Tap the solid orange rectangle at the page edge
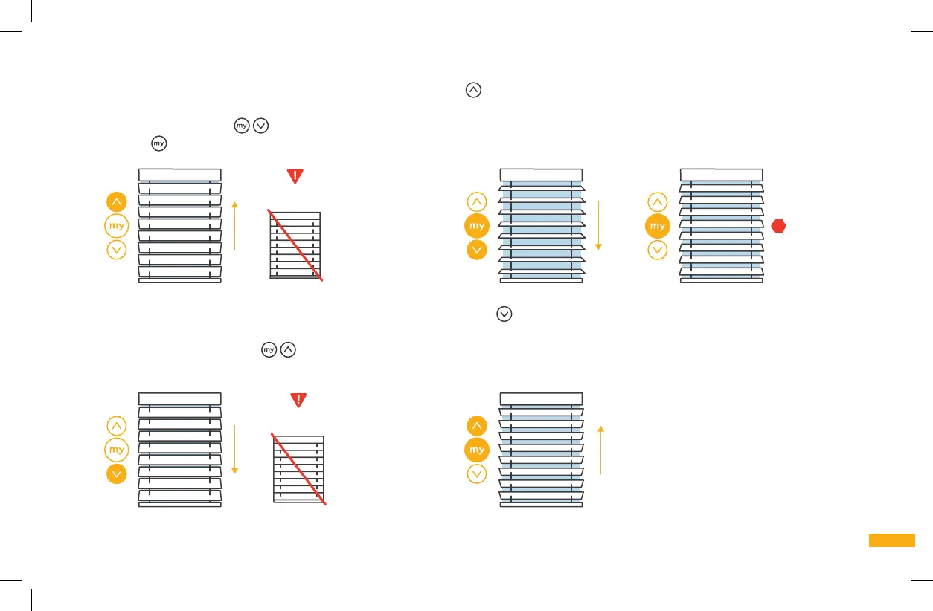pos(891,540)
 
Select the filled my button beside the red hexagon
pos(657,226)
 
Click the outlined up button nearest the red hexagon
pos(657,201)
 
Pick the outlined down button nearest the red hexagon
pos(657,250)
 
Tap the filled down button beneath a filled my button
pos(477,250)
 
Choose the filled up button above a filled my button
pos(477,426)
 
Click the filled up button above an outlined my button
pos(117,201)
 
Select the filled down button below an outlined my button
pos(117,474)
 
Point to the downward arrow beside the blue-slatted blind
pos(598,225)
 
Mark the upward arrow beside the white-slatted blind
pos(234,225)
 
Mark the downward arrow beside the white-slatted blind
pos(234,450)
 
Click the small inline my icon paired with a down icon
pos(242,126)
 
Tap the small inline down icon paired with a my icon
pos(260,126)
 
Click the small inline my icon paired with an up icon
pos(269,349)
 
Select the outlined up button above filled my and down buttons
pos(477,201)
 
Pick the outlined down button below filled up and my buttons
pos(477,474)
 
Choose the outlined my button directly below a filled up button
pos(117,226)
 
